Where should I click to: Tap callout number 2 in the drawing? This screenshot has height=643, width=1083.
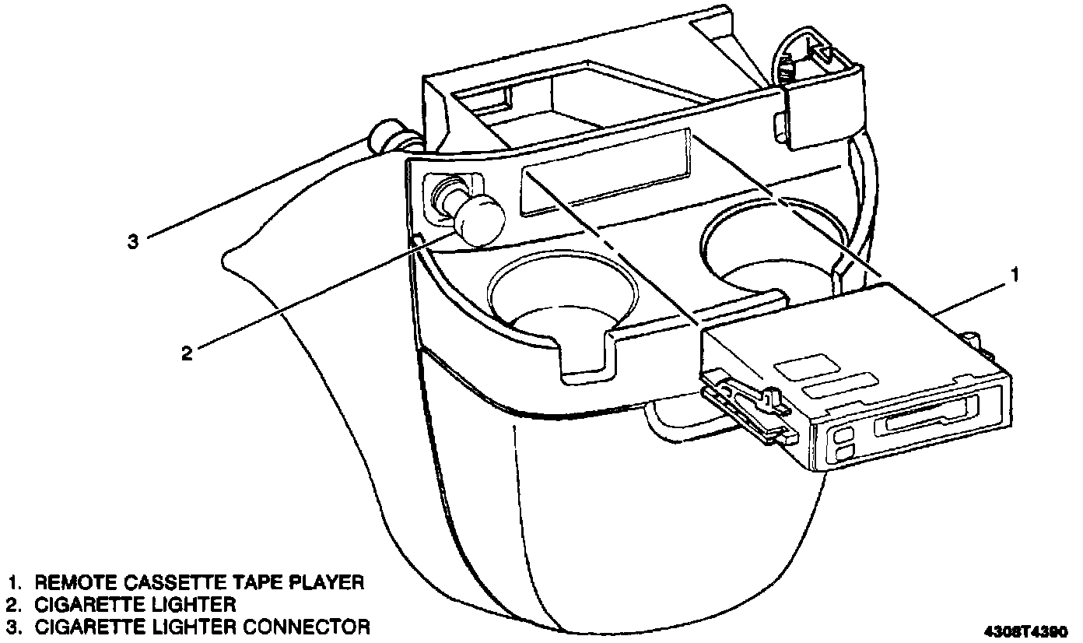click(186, 353)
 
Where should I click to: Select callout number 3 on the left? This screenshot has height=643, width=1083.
click(134, 241)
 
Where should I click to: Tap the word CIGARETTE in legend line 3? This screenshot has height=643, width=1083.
click(89, 626)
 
